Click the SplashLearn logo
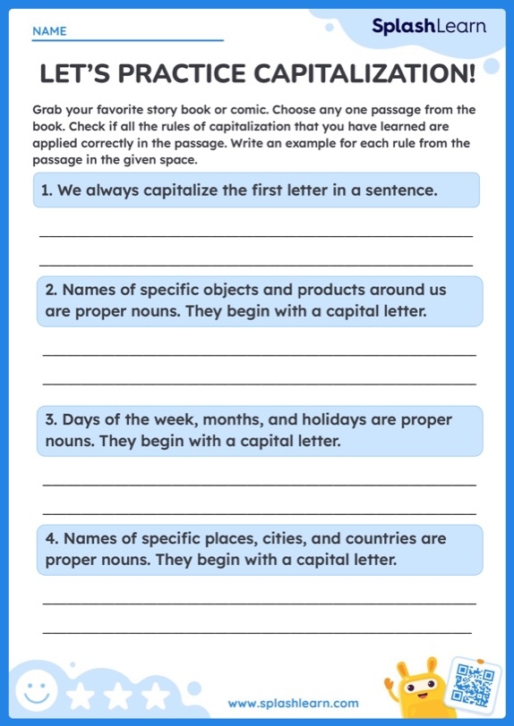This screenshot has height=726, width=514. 429,27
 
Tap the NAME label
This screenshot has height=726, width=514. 49,31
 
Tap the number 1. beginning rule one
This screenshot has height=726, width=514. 47,190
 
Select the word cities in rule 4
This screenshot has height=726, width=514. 287,539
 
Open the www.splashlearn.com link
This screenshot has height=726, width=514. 293,704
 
